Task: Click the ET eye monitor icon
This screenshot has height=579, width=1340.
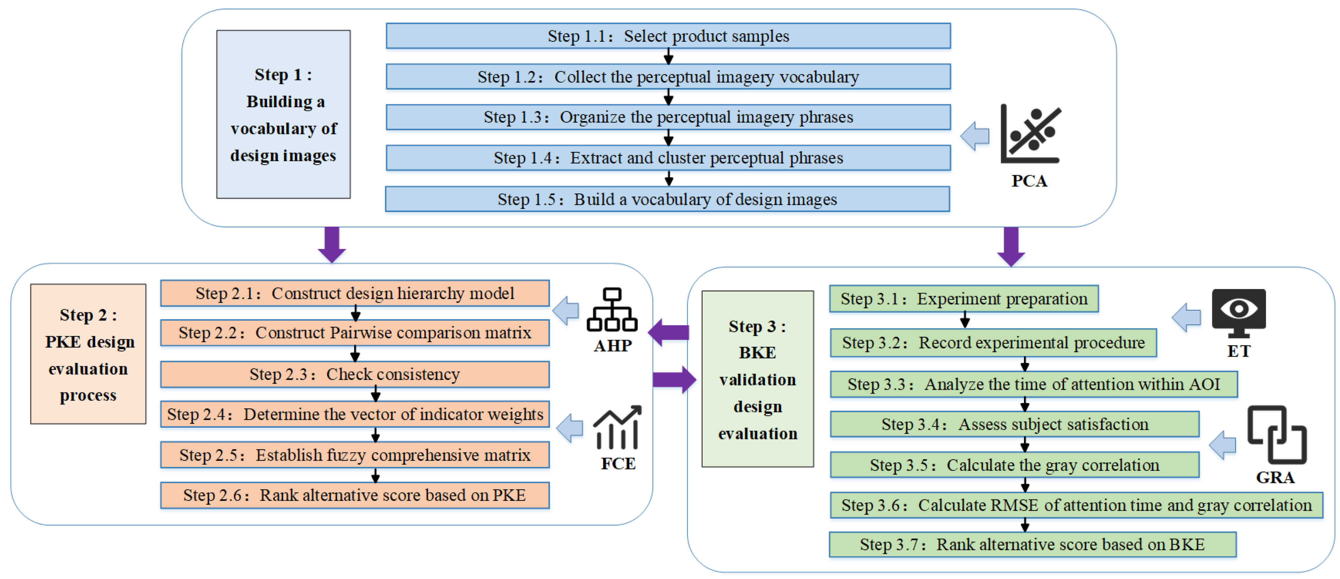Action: (1239, 312)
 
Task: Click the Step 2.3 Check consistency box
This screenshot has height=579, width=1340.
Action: (355, 374)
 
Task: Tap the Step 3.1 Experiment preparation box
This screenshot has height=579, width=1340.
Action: (964, 299)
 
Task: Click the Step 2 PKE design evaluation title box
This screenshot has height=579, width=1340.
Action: (88, 354)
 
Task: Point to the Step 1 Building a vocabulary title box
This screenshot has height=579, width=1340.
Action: (284, 114)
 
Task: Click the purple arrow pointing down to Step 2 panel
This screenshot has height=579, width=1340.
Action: (332, 244)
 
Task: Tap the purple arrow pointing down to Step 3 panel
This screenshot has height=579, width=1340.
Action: (1011, 247)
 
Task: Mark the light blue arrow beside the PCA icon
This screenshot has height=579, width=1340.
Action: (975, 136)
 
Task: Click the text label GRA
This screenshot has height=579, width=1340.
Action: (1275, 477)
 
